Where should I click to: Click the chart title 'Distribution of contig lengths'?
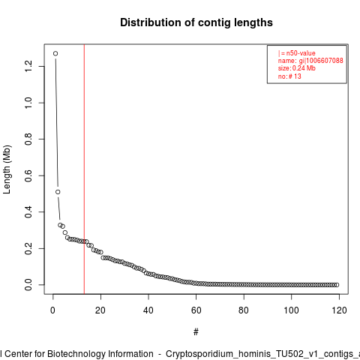click(x=196, y=22)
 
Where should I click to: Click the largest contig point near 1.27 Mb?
click(x=55, y=53)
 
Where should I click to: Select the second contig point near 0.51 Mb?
click(x=58, y=192)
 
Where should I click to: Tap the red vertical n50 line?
click(x=84, y=169)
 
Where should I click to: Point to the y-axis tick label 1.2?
click(x=28, y=66)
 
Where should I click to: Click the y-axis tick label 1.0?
click(x=28, y=103)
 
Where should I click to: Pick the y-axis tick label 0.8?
click(x=28, y=139)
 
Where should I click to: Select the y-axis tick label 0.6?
click(x=28, y=175)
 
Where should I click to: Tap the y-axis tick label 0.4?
click(x=28, y=212)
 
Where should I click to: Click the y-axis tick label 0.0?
click(x=28, y=285)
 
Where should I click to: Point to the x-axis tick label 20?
click(x=100, y=310)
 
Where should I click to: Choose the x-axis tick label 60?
click(x=196, y=310)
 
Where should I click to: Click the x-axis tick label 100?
click(x=291, y=310)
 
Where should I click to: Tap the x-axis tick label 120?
click(x=339, y=310)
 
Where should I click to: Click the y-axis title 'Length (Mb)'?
click(x=7, y=169)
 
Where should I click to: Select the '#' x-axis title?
click(x=196, y=332)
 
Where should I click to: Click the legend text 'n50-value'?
click(x=301, y=53)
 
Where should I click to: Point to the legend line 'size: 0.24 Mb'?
click(x=297, y=68)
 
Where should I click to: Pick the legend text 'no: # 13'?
click(x=289, y=76)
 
